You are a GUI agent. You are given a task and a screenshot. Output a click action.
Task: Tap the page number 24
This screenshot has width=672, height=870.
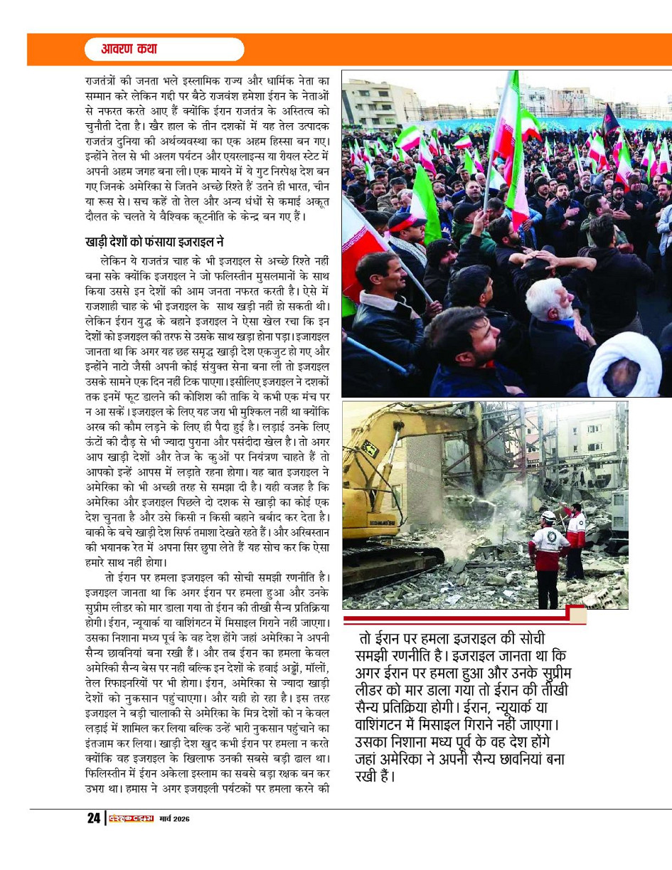(x=92, y=819)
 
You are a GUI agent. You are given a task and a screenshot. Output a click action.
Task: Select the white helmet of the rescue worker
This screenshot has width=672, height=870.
(x=548, y=516)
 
